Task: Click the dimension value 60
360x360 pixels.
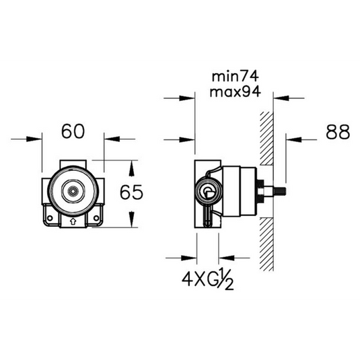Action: click(73, 131)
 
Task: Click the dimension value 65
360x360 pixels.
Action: click(131, 192)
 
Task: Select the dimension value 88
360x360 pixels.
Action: click(338, 132)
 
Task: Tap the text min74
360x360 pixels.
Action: click(236, 77)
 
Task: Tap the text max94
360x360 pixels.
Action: click(236, 92)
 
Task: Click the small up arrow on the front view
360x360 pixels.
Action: click(73, 221)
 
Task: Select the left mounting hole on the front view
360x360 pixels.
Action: click(50, 218)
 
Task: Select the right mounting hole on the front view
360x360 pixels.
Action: click(96, 218)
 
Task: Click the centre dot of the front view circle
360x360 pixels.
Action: click(73, 191)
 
